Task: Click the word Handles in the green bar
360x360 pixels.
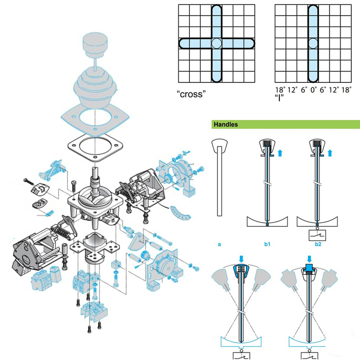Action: click(x=226, y=125)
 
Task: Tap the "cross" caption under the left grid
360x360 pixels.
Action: click(x=191, y=94)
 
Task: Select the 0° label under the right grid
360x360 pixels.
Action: click(x=314, y=90)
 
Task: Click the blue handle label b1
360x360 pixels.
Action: click(x=267, y=244)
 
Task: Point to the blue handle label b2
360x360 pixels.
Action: click(x=318, y=244)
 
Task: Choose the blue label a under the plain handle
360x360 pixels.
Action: click(x=219, y=244)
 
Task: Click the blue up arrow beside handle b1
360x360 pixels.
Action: click(x=280, y=153)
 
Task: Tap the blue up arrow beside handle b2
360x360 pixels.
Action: click(x=330, y=153)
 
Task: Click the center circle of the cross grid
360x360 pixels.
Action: click(x=216, y=43)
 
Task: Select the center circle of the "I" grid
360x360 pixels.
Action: click(x=313, y=43)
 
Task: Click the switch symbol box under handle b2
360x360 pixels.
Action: click(x=317, y=235)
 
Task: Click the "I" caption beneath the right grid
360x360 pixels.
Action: click(x=279, y=98)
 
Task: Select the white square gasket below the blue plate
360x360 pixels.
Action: click(x=95, y=147)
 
